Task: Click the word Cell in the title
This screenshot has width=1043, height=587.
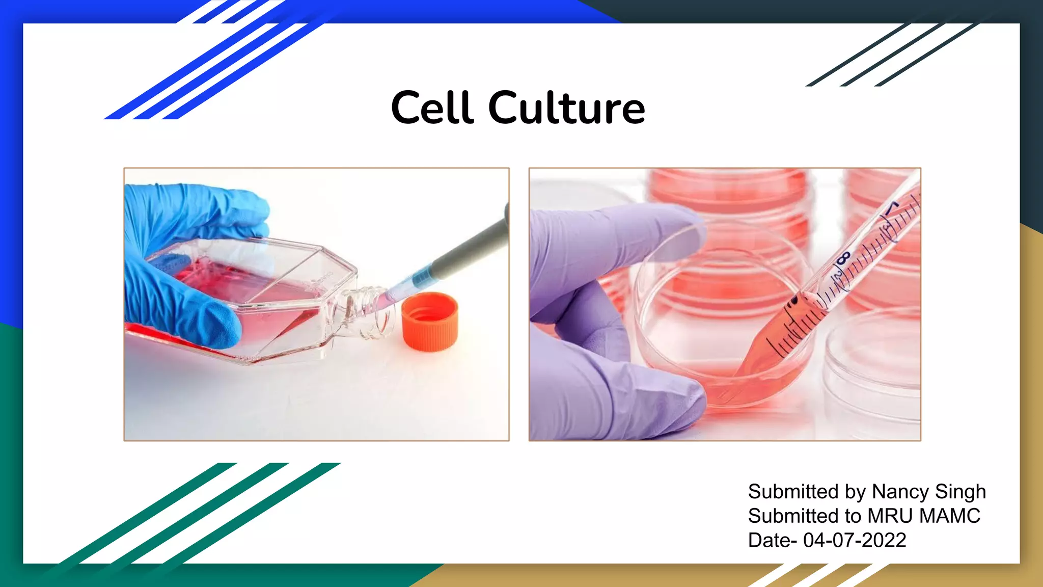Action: coord(432,108)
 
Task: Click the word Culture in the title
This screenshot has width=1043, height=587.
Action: coord(566,108)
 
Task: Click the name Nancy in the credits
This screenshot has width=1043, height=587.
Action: coord(900,492)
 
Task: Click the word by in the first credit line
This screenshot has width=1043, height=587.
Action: coord(855,492)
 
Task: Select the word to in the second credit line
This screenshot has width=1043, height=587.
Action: coord(854,516)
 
